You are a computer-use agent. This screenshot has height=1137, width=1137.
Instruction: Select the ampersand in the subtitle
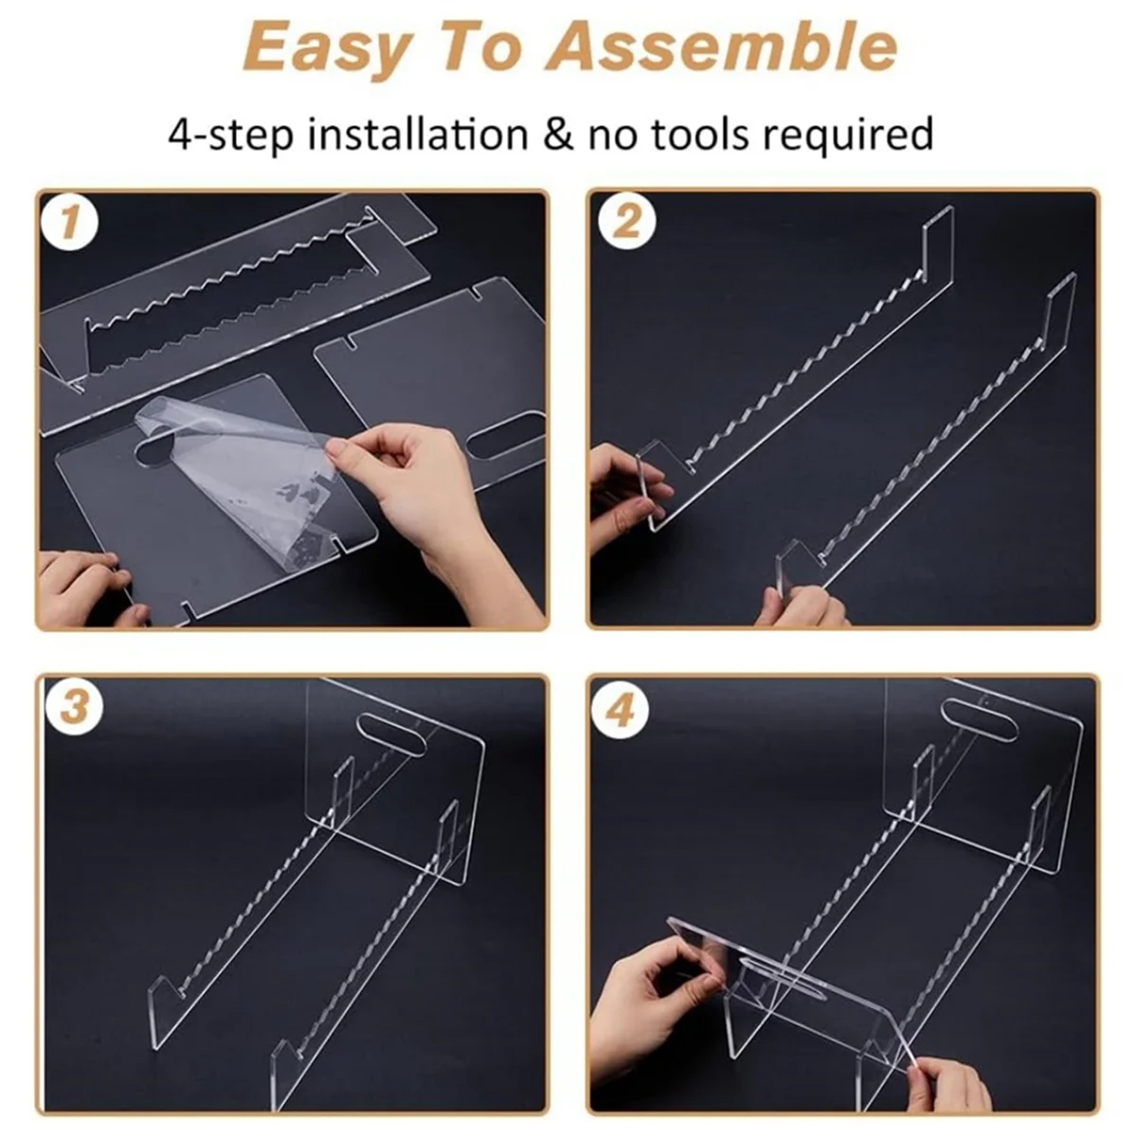click(x=557, y=134)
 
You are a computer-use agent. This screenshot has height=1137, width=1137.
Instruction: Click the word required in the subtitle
click(x=848, y=135)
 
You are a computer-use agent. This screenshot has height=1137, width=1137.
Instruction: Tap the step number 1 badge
click(x=69, y=223)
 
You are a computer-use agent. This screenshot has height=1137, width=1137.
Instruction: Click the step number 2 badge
click(x=626, y=223)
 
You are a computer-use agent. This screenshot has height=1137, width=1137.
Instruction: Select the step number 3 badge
click(x=74, y=706)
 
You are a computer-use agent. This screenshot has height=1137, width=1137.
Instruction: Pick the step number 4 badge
click(x=621, y=711)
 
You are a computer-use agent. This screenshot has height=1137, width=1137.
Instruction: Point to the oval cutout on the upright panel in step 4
click(x=980, y=716)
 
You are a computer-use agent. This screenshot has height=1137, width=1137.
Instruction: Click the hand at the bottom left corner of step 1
click(x=88, y=588)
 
